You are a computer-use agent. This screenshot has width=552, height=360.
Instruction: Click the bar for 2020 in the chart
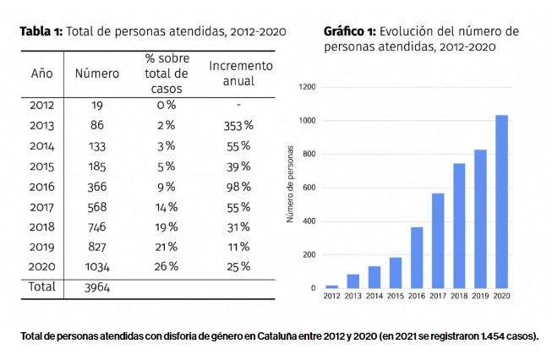tap(501, 202)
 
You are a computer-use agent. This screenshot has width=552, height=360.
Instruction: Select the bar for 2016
tap(417, 258)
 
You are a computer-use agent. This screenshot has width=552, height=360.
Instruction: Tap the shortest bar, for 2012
tap(331, 286)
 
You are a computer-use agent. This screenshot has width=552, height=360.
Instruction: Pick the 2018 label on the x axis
tap(459, 297)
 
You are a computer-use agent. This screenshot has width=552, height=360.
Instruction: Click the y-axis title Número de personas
tap(290, 188)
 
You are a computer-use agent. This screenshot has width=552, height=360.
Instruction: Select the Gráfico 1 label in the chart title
tap(348, 31)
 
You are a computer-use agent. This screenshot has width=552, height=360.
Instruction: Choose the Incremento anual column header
tap(241, 74)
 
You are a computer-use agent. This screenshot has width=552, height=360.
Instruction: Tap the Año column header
tap(42, 74)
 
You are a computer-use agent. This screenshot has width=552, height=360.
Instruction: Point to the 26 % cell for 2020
tap(167, 267)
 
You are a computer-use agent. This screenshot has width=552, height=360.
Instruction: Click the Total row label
tap(42, 286)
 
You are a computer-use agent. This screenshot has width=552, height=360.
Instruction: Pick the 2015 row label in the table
tap(42, 166)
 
